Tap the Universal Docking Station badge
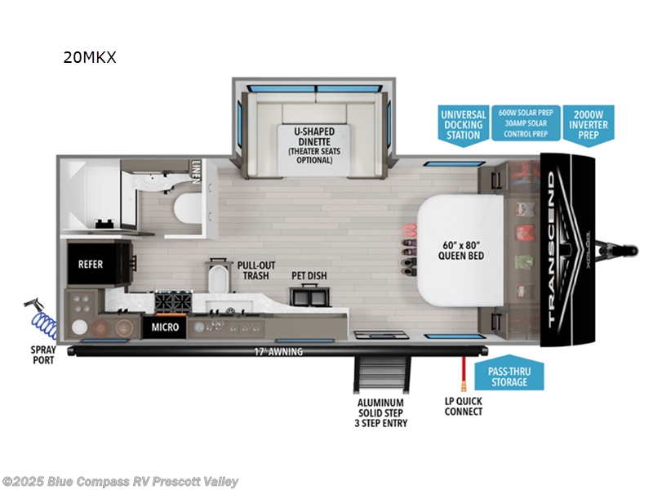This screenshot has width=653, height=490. click(463, 125)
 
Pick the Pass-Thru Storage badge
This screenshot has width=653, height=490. click(508, 376)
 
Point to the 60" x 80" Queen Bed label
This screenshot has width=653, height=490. click(450, 249)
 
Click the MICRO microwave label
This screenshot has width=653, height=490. click(166, 327)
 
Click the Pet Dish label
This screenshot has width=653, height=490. click(309, 276)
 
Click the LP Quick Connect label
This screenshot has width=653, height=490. click(463, 406)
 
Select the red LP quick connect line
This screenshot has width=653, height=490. click(463, 372)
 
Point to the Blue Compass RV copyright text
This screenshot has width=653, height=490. click(121, 482)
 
